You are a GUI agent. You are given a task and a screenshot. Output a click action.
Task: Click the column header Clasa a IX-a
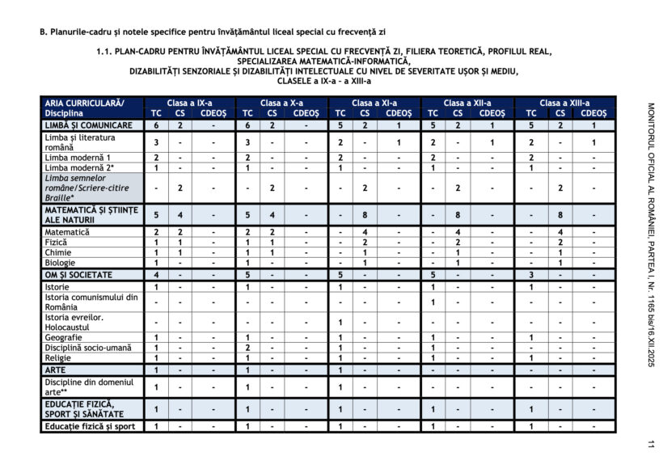[x=190, y=104]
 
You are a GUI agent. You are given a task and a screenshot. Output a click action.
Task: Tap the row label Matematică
[x=67, y=232]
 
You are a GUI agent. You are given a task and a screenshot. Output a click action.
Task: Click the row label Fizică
[x=57, y=242]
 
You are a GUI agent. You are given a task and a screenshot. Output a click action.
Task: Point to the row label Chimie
[x=58, y=252]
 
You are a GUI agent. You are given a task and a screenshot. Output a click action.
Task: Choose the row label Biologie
[x=61, y=263]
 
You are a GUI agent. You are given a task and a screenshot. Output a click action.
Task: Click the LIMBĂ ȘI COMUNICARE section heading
[x=89, y=126]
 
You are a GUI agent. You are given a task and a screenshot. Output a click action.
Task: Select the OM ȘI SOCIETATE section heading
[x=78, y=274]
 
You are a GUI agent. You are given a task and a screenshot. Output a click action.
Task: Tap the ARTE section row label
[x=55, y=370]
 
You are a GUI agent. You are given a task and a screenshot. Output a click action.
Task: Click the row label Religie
[x=58, y=357]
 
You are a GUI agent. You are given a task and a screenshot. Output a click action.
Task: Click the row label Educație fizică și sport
[x=90, y=426]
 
